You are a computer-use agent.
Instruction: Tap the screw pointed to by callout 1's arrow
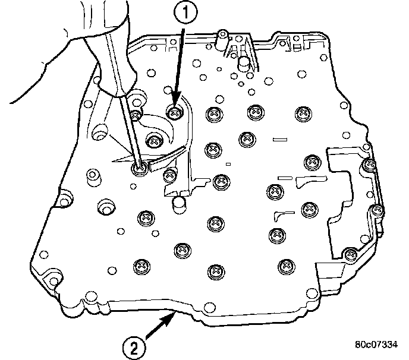click(174, 110)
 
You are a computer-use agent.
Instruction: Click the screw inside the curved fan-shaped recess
click(155, 141)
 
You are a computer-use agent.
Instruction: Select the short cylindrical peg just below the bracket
click(180, 203)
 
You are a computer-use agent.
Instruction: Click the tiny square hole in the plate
click(229, 163)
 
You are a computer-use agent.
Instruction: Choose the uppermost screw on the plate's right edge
click(370, 165)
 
